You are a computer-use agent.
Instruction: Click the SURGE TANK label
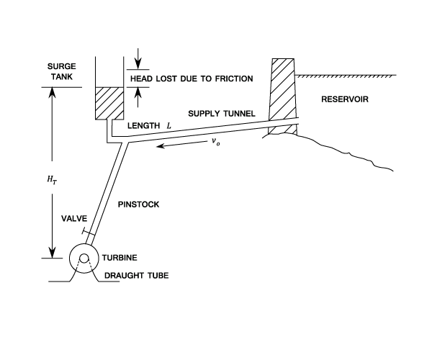(61, 71)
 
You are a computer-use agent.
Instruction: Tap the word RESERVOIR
(345, 99)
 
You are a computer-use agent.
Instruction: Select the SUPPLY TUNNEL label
(222, 114)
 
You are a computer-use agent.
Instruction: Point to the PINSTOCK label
(138, 204)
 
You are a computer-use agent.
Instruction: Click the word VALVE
(74, 218)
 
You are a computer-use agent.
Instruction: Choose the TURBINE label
(120, 258)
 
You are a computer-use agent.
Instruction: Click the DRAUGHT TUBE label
(136, 276)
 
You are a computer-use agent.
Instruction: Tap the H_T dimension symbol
(52, 179)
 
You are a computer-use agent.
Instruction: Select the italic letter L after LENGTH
(168, 126)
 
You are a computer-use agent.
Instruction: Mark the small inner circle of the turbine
(84, 258)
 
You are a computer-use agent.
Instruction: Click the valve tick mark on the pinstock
(88, 232)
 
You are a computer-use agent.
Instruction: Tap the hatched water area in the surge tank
(109, 103)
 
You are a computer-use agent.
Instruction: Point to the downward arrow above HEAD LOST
(138, 58)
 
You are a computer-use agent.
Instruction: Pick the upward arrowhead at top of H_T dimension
(52, 92)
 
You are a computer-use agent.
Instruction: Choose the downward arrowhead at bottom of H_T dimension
(52, 253)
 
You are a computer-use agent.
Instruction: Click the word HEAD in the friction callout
(141, 78)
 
